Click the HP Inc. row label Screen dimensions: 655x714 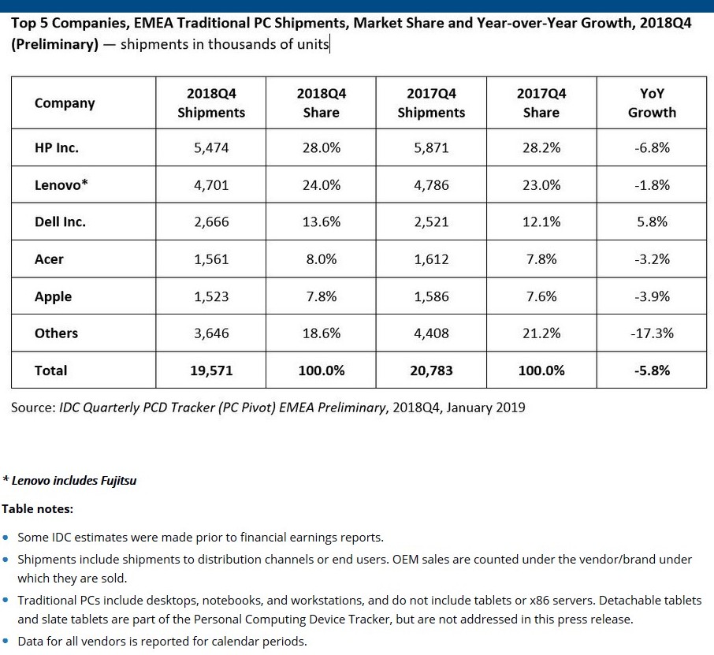coord(57,148)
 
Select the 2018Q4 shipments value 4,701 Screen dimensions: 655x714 coord(211,185)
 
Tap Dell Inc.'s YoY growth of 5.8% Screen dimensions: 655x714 coord(652,222)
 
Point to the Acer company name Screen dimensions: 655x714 coord(49,259)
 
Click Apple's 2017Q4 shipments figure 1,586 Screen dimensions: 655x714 coord(431,296)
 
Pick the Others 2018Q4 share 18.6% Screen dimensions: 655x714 coord(322,333)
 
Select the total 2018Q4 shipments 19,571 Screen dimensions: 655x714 coord(211,370)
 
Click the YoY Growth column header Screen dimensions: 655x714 coord(652,103)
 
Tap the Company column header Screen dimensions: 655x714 coord(65,103)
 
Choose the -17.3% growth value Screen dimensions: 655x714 coord(652,333)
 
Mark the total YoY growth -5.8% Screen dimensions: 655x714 coord(652,370)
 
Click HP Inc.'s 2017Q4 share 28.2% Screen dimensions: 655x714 coord(541,148)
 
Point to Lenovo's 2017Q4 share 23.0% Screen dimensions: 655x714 coord(541,185)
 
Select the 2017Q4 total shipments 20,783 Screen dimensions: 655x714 coord(431,370)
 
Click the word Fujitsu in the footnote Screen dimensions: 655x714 coord(118,481)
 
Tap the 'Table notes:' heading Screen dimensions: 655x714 coord(37,509)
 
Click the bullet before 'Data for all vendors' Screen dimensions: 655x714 coord(6,641)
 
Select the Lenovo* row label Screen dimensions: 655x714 coord(61,185)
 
